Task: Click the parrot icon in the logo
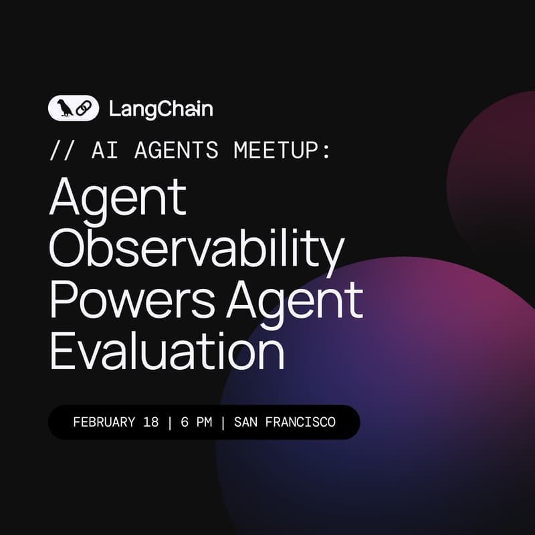tap(65, 108)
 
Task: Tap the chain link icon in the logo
tap(83, 108)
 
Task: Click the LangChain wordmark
tap(160, 108)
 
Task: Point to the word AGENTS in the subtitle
tap(176, 150)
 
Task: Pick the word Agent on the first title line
tap(117, 199)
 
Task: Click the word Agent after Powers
tap(294, 300)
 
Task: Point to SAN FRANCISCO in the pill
tap(285, 423)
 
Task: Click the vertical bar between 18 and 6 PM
tap(169, 423)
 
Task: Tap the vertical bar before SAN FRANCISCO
tap(222, 423)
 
